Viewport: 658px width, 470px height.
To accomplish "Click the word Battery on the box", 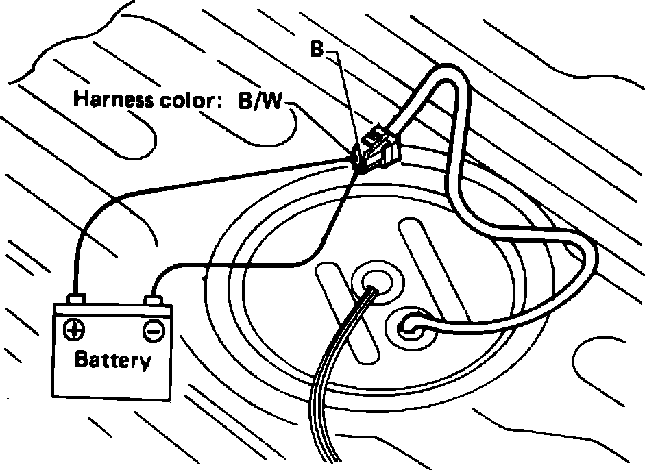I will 113,360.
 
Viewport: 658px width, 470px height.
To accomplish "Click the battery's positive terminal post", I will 76,299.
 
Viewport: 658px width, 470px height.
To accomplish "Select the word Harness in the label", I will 112,100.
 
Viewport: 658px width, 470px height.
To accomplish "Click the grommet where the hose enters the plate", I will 410,325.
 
